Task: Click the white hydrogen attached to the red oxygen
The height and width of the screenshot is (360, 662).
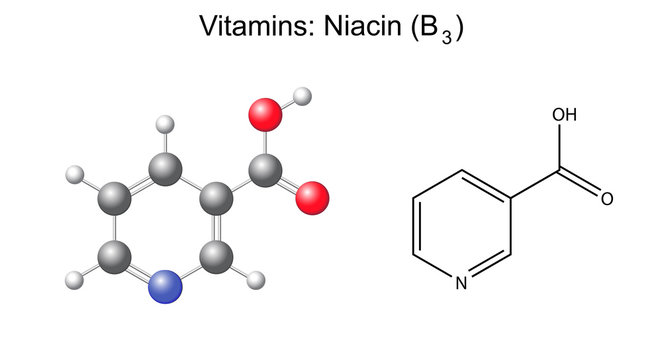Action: [x=304, y=97]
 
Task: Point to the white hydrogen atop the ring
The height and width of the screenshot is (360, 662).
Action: [x=166, y=126]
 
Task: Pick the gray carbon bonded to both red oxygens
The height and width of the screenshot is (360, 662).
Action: [x=265, y=172]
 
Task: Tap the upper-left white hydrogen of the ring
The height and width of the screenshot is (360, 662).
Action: [x=72, y=175]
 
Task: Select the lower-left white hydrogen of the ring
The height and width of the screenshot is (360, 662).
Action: [x=72, y=277]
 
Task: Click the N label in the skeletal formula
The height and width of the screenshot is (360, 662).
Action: [x=461, y=283]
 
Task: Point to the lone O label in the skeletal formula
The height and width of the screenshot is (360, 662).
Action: [x=606, y=198]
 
